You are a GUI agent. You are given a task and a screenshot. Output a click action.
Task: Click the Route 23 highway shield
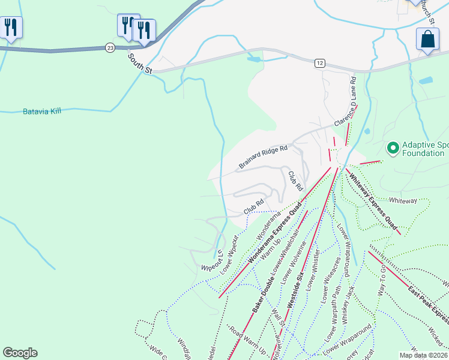tap(109, 47)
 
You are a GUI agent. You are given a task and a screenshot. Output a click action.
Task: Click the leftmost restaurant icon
tap(11, 28)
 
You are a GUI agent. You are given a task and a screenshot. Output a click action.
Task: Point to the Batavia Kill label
tap(42, 111)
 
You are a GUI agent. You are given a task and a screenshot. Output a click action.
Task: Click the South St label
tap(139, 63)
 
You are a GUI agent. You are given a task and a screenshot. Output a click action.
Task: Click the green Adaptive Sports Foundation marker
tap(393, 147)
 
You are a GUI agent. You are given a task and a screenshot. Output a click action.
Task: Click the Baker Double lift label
tap(262, 291)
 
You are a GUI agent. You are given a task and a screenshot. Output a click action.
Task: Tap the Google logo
tap(20, 353)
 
